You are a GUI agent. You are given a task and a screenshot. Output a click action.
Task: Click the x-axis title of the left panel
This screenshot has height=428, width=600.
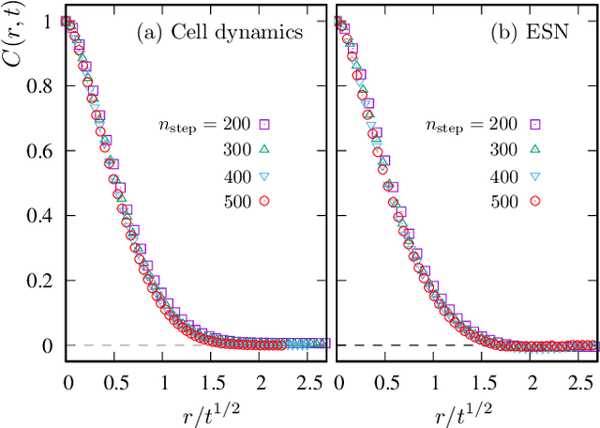pyautogui.click(x=196, y=411)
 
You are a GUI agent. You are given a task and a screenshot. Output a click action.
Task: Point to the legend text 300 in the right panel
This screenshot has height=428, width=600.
pyautogui.click(x=506, y=148)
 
